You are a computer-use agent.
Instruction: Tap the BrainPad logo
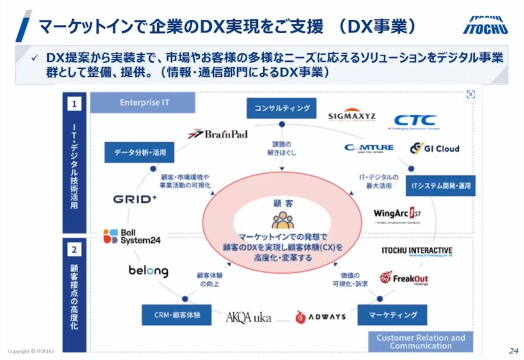pyautogui.click(x=218, y=134)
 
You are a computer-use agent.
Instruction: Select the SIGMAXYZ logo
pyautogui.click(x=352, y=115)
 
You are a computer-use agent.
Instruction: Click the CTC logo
pyautogui.click(x=415, y=121)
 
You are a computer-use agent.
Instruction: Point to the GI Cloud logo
pyautogui.click(x=434, y=148)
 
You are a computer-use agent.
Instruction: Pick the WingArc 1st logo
pyautogui.click(x=398, y=214)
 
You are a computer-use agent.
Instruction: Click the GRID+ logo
pyautogui.click(x=135, y=199)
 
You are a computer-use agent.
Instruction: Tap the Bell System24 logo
pyautogui.click(x=132, y=236)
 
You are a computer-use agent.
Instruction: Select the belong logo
pyautogui.click(x=148, y=271)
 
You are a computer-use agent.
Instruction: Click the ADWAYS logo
pyautogui.click(x=320, y=317)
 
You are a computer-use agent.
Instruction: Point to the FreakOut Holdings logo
pyautogui.click(x=404, y=278)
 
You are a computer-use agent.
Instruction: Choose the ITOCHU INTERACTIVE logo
pyautogui.click(x=417, y=251)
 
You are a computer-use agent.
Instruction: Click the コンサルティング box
pyautogui.click(x=281, y=108)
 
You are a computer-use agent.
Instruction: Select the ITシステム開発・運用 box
pyautogui.click(x=441, y=186)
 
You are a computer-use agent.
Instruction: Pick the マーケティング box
pyautogui.click(x=392, y=315)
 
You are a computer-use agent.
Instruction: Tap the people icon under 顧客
pyautogui.click(x=282, y=220)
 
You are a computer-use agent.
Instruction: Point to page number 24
pyautogui.click(x=513, y=351)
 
